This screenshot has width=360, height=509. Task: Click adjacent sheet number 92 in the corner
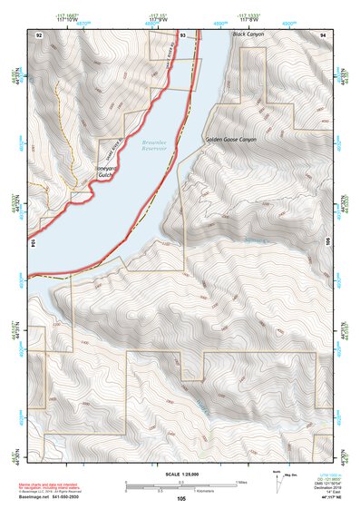tap(39, 34)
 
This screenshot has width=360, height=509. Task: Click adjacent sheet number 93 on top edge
tap(182, 34)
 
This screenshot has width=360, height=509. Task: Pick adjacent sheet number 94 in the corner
tap(323, 34)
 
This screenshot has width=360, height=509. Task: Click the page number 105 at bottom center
tap(181, 499)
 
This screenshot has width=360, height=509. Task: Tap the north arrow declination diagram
tap(277, 481)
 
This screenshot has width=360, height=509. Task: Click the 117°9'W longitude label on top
tap(161, 19)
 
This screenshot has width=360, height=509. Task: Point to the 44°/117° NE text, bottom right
tap(325, 498)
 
